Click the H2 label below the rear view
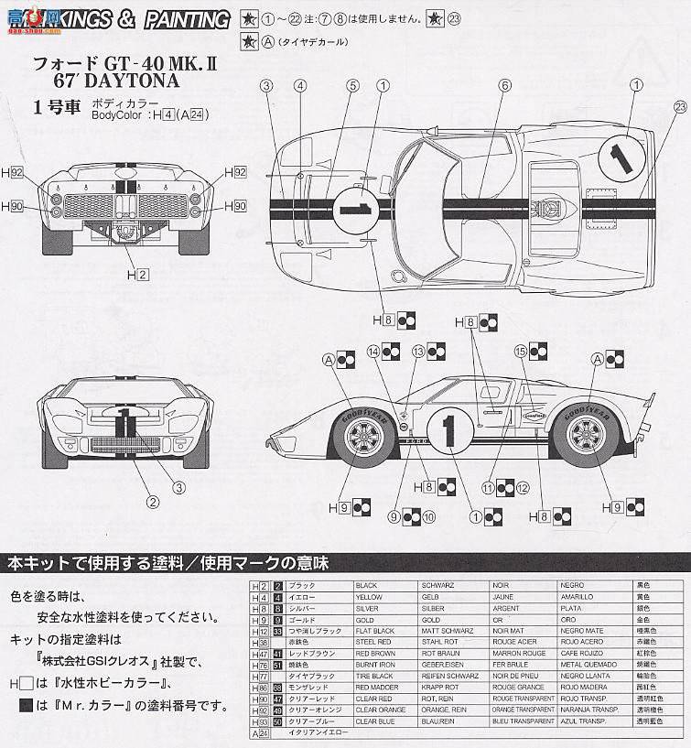137,274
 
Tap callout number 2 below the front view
153,500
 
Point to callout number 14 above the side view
372,351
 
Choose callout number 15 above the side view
520,351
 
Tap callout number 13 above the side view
418,351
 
